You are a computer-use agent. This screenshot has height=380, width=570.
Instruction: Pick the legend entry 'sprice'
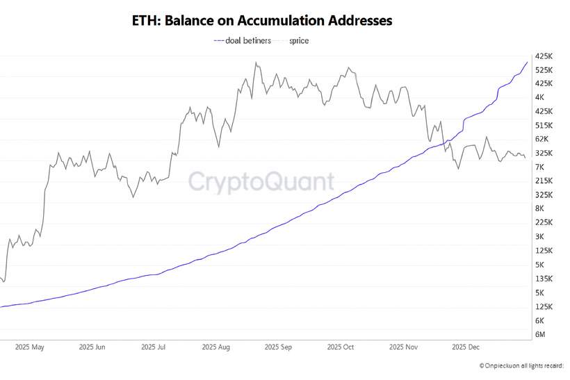tap(299, 40)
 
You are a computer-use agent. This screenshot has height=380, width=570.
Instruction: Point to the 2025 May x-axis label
tap(29, 346)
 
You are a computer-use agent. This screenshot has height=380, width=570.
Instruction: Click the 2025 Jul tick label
tap(153, 346)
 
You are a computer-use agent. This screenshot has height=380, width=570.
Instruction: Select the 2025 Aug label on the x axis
tap(215, 346)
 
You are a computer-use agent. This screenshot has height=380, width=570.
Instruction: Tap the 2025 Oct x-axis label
tap(340, 346)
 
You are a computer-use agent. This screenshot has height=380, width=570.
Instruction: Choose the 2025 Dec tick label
tap(464, 346)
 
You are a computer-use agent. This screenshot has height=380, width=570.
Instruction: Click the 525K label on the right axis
tap(544, 69)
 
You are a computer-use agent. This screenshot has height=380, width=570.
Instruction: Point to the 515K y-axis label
tap(544, 125)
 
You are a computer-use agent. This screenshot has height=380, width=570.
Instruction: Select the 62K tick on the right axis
tap(542, 139)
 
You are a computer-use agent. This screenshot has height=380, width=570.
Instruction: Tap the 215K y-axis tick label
tap(544, 181)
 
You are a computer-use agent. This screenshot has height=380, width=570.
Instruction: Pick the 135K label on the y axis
tap(544, 279)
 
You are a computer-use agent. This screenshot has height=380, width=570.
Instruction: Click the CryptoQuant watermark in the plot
tap(261, 182)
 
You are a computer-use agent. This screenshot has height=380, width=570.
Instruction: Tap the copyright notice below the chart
tap(521, 365)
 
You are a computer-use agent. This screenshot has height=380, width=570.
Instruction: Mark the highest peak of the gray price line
tap(256, 63)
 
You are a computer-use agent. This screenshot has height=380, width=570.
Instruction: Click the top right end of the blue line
tap(527, 63)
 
